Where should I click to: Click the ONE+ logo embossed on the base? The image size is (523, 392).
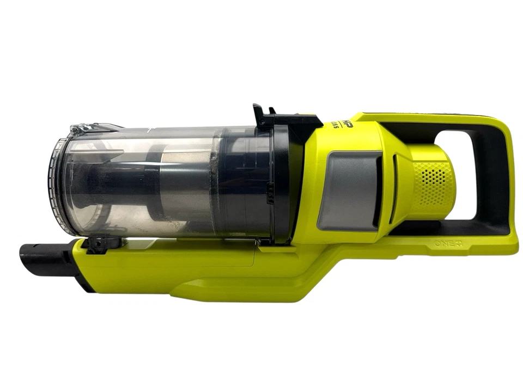(x=448, y=244)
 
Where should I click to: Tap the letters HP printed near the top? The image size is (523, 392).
(x=346, y=125)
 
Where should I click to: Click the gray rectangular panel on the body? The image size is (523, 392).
(x=349, y=190)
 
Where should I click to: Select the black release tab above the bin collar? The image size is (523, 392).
(x=265, y=116)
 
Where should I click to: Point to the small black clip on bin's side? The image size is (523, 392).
(x=269, y=192)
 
